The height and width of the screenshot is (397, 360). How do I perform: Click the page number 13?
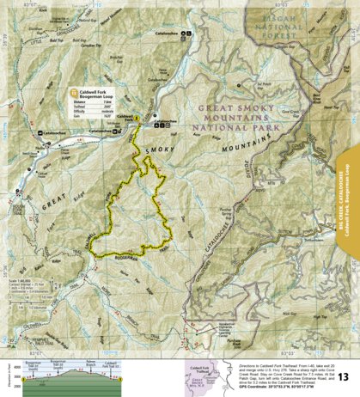coord(343,376)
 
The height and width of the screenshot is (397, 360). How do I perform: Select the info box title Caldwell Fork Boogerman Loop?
coord(103,93)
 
